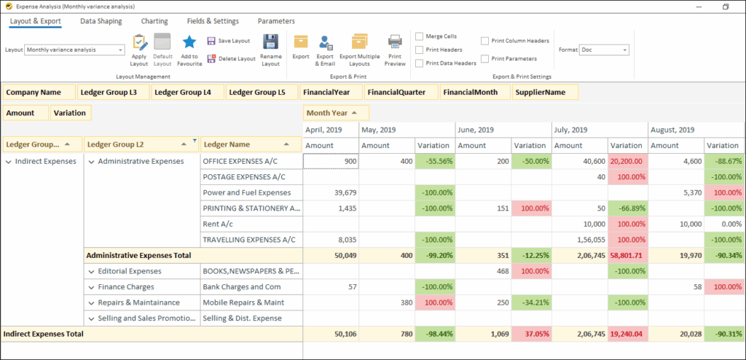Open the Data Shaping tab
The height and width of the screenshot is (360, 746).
click(x=101, y=21)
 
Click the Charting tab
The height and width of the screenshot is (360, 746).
click(x=154, y=21)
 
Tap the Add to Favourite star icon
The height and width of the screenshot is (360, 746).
click(x=189, y=42)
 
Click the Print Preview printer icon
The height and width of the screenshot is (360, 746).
click(x=395, y=42)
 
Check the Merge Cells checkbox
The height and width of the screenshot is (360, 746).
click(x=420, y=36)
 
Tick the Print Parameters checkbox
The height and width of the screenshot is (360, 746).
click(x=485, y=58)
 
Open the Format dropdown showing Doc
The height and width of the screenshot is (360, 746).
click(x=604, y=50)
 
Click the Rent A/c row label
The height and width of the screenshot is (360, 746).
click(x=218, y=224)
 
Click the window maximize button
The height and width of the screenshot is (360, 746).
click(x=726, y=6)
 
